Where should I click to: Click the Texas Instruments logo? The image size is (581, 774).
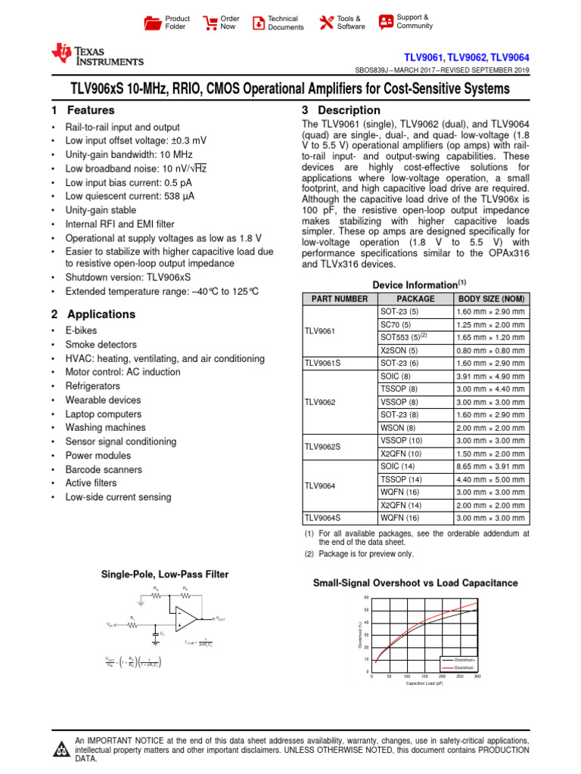[96, 55]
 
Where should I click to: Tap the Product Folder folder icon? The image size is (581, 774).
[152, 23]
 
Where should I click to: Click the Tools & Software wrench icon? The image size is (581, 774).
[326, 23]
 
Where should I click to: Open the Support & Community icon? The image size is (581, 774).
[386, 21]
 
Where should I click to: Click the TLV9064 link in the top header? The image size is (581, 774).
[510, 57]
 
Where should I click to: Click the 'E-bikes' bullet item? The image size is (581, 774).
[81, 330]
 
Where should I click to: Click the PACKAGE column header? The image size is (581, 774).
[414, 299]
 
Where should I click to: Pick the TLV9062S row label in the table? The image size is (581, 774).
[322, 447]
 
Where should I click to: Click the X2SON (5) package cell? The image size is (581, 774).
[399, 350]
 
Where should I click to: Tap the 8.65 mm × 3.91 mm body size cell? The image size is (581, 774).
[490, 466]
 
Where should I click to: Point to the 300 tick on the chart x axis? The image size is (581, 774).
[477, 676]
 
